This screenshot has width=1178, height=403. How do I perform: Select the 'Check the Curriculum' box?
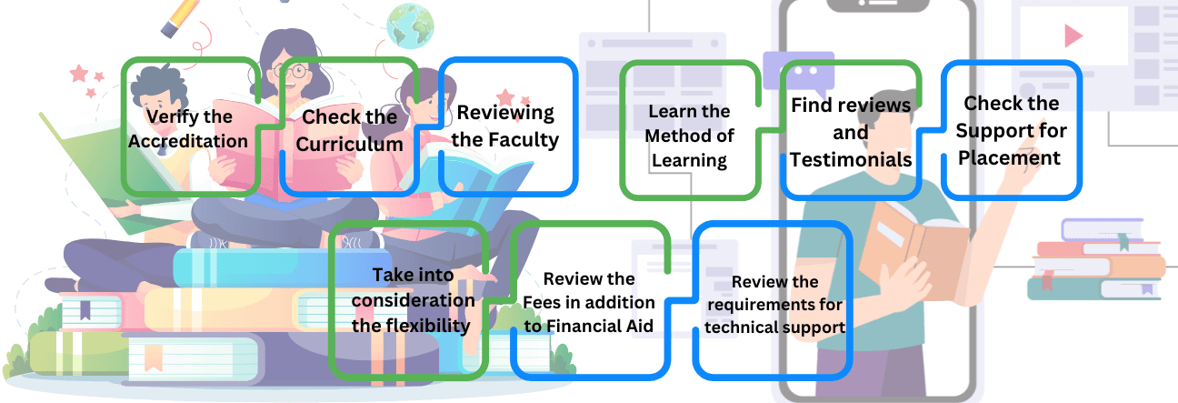(351, 129)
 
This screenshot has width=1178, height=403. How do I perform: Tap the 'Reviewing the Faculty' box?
(506, 126)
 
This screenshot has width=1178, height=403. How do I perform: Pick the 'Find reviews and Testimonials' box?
(851, 131)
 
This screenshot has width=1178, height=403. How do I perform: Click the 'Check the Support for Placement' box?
(1012, 129)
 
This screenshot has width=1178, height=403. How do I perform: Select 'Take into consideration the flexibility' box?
(412, 299)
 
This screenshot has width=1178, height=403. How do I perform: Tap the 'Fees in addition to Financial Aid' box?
(589, 302)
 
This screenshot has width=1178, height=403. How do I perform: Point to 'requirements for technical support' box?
(774, 304)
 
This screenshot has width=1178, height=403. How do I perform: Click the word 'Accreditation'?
(188, 141)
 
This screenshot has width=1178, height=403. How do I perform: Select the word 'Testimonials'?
(851, 159)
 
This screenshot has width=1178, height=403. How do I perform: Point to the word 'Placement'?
(1012, 157)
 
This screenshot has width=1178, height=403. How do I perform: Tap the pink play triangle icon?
(1074, 35)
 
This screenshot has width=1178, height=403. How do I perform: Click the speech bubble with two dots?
(798, 69)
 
